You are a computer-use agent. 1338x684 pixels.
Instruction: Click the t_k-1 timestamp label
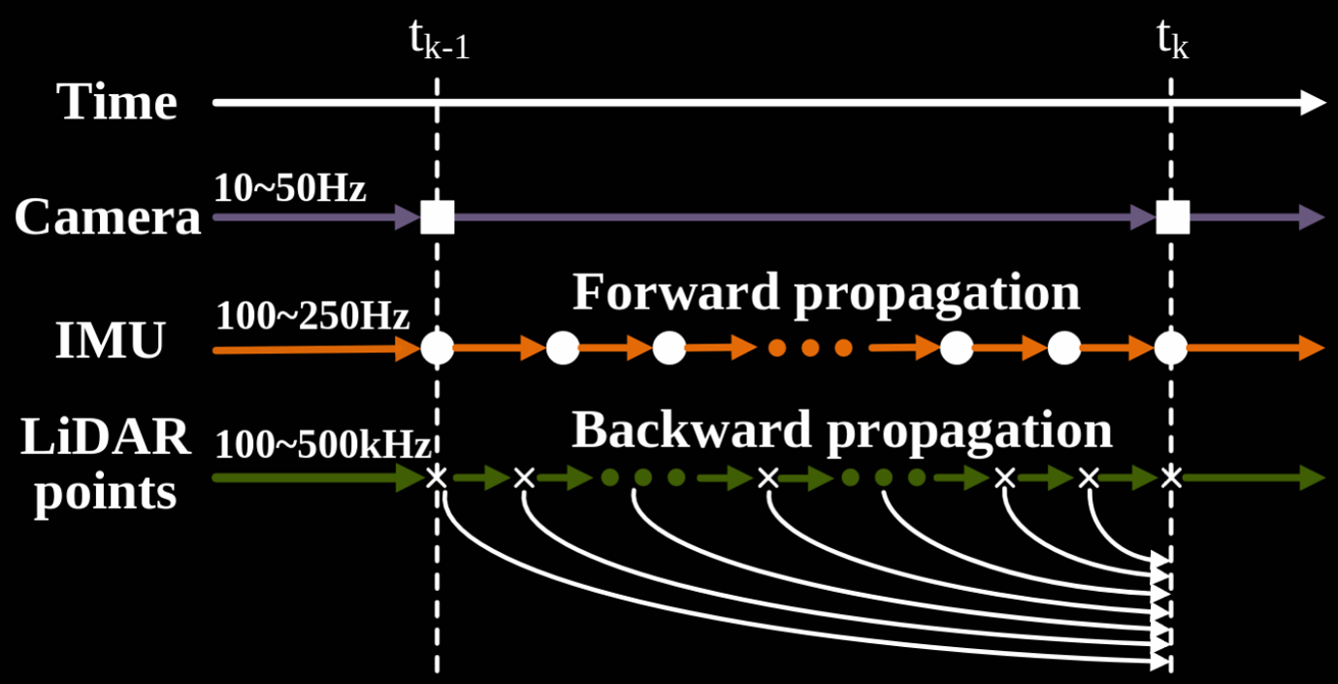click(440, 44)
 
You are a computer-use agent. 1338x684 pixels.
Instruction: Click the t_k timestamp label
click(1172, 42)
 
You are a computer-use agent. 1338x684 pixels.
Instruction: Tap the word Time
click(117, 102)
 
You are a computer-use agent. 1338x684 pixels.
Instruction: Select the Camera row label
click(107, 218)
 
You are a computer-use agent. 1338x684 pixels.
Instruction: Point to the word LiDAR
click(106, 439)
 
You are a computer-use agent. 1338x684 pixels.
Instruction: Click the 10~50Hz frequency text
click(290, 188)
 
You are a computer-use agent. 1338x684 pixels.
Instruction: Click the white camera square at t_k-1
click(438, 218)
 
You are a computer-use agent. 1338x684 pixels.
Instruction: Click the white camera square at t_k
click(1172, 218)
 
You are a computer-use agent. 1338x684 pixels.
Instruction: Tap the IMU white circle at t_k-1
click(438, 347)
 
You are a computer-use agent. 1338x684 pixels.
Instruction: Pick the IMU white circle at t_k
click(1172, 347)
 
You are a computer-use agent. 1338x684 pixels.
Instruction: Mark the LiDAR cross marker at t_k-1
click(438, 476)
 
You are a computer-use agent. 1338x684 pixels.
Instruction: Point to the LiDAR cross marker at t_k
click(1172, 476)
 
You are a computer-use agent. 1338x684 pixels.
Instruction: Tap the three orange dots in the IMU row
click(810, 347)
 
